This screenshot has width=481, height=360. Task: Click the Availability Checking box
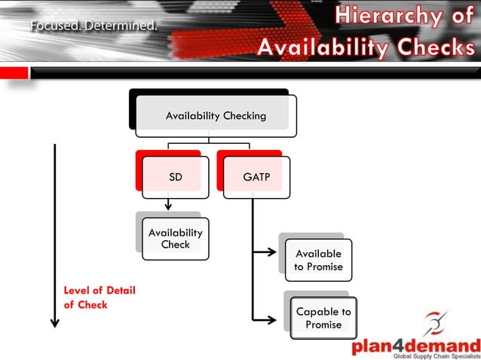click(x=216, y=116)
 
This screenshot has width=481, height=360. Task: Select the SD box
click(x=175, y=177)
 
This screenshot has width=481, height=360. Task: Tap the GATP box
click(x=256, y=177)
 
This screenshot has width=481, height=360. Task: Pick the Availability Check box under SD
click(x=175, y=239)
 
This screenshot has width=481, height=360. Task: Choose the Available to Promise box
click(x=318, y=260)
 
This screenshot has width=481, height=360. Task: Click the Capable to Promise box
click(x=323, y=318)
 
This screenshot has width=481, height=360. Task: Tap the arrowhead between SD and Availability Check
click(x=168, y=205)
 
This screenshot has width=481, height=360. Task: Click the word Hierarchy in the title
click(x=384, y=15)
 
